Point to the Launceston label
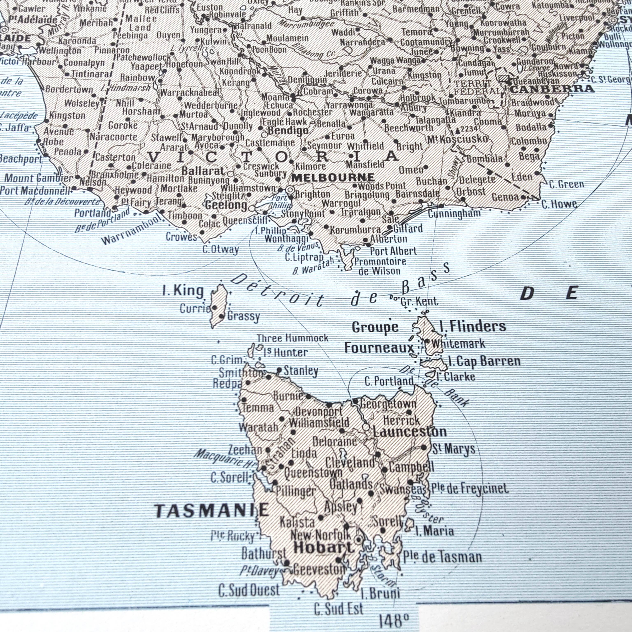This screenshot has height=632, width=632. (410, 432)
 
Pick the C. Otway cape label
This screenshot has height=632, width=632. (221, 250)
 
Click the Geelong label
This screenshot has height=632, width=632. (226, 206)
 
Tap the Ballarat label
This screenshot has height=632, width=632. (203, 171)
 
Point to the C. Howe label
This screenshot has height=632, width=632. (559, 204)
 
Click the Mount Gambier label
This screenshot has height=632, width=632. (38, 178)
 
